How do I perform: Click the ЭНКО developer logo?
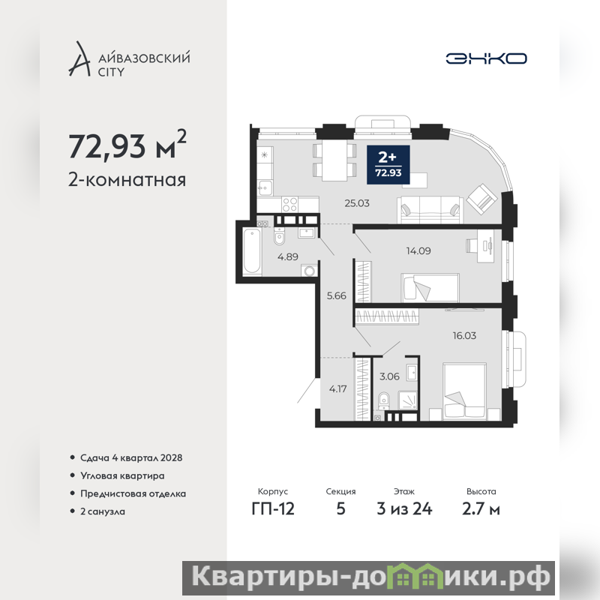[x=486, y=58]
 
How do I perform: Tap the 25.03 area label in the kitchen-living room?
[x=357, y=203]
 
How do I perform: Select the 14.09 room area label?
[x=418, y=251]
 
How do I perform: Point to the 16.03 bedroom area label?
[x=464, y=336]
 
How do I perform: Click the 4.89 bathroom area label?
[x=288, y=256]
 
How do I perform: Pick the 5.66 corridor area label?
[x=336, y=295]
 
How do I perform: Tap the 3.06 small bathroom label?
[x=389, y=376]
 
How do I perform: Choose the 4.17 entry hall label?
[x=338, y=389]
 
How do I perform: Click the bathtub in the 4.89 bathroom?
[x=252, y=251]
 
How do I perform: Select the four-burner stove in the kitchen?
[x=289, y=203]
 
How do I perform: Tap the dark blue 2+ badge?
[x=388, y=164]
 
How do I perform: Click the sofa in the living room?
[x=430, y=210]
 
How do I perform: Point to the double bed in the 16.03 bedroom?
[x=464, y=391]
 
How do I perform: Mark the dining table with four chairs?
[x=334, y=160]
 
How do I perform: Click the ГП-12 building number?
[x=273, y=509]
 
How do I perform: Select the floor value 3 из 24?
[x=404, y=509]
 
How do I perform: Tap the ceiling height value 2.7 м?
[x=481, y=509]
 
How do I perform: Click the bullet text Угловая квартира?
[x=122, y=476]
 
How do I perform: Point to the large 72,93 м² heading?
[x=127, y=145]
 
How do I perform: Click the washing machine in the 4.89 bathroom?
[x=310, y=271]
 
